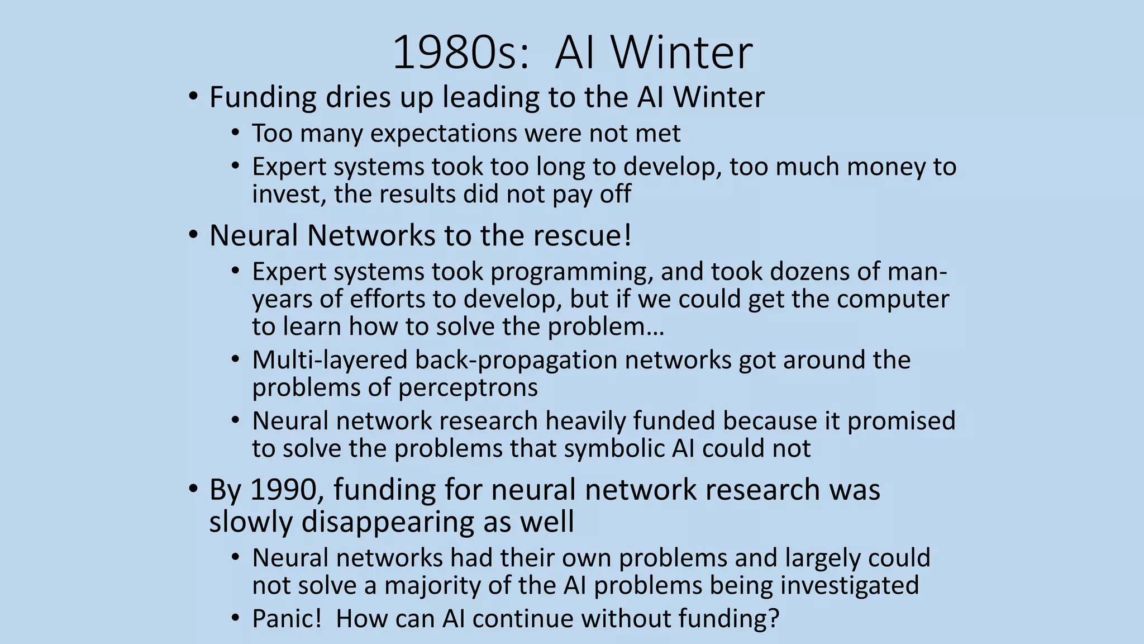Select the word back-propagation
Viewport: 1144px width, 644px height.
[x=516, y=360]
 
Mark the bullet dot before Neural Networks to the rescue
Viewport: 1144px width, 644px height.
[x=193, y=235]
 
